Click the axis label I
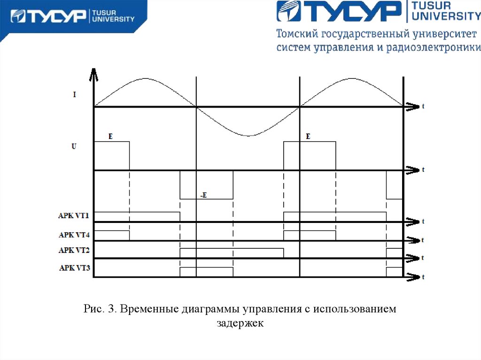pos(75,94)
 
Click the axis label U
pos(74,146)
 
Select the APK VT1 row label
pos(74,216)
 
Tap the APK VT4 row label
pos(74,234)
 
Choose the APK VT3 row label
pos(74,268)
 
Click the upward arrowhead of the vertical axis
pos(94,73)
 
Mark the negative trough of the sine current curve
pos(248,135)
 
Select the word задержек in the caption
pos(240,323)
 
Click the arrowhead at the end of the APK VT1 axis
pos(412,222)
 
